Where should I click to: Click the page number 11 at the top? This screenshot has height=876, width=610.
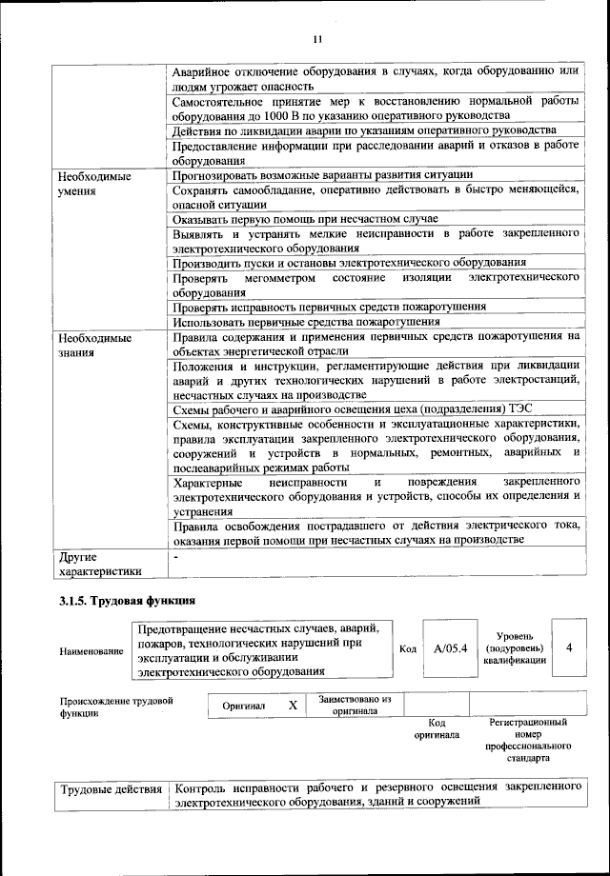[317, 39]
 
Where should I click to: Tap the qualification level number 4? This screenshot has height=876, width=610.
[569, 647]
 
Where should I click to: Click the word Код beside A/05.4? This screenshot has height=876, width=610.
[408, 649]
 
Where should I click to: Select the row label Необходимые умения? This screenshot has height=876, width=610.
[94, 183]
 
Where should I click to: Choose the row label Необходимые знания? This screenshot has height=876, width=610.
[94, 345]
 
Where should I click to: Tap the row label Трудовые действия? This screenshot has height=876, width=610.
[112, 790]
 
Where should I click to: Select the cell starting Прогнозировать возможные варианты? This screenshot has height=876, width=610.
[322, 174]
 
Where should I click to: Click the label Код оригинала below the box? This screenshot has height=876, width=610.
[437, 729]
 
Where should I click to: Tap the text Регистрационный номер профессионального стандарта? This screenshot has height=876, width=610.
[528, 741]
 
